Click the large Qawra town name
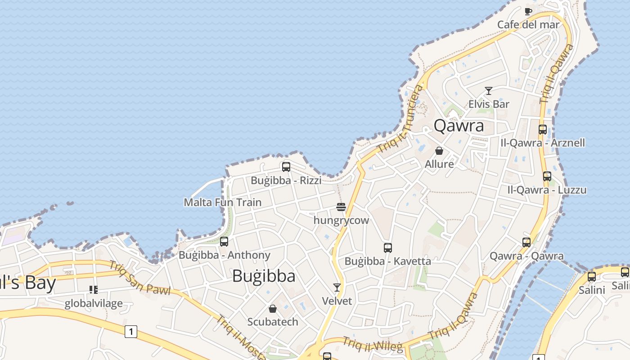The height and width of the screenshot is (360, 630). coord(459,126)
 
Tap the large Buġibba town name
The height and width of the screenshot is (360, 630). coord(264,276)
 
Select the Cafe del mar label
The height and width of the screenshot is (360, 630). coord(528,24)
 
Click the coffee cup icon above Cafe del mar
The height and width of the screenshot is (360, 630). coord(528,11)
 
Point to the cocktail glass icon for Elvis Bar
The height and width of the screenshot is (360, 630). coord(489,91)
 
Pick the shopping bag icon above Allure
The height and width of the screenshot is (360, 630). coord(439,151)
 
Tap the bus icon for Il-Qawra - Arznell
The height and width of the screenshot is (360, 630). coord(543,130)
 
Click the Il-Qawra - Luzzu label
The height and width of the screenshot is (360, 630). coord(547,190)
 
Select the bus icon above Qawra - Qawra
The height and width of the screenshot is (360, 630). coord(526,243)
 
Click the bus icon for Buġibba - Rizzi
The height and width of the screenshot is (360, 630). coord(286,167)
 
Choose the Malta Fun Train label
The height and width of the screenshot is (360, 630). coord(222,202)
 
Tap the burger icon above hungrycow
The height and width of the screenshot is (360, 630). coord(341,207)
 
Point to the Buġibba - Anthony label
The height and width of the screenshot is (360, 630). coord(224,255)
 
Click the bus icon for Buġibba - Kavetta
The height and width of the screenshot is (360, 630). coord(388,247)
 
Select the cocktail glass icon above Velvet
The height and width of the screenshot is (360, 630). coord(337,287)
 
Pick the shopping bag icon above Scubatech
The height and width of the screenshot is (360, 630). coord(272,309)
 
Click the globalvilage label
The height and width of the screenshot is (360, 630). coord(94,303)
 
